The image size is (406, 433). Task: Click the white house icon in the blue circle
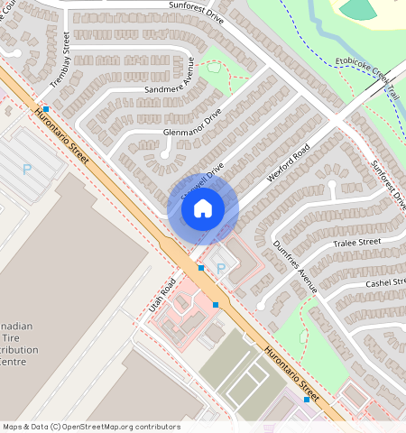click(203, 209)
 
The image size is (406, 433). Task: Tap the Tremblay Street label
click(60, 60)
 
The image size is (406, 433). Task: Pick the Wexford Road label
click(288, 162)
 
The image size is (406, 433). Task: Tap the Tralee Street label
click(356, 243)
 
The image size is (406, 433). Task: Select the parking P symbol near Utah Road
click(221, 268)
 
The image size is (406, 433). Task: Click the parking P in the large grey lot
click(26, 168)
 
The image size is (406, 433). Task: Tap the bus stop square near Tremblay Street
click(45, 109)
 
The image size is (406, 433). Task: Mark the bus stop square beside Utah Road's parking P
click(200, 268)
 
